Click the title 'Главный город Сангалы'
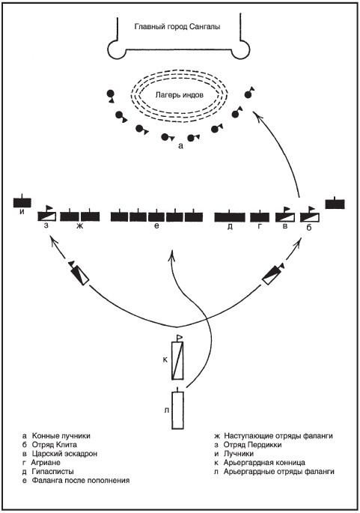pos(177,26)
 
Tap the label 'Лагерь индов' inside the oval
pos(179,95)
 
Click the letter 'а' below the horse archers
pos(181,146)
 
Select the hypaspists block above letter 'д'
pos(230,217)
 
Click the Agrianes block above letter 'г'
pos(260,217)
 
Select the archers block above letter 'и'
pos(22,202)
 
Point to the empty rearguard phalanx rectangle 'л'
pos(177,410)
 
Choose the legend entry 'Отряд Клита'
pos(55,445)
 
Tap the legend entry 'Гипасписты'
pos(52,472)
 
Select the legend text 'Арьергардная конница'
pos(264,463)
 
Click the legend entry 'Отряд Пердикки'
pos(252,445)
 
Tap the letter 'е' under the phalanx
pos(157,225)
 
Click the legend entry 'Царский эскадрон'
pos(64,454)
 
